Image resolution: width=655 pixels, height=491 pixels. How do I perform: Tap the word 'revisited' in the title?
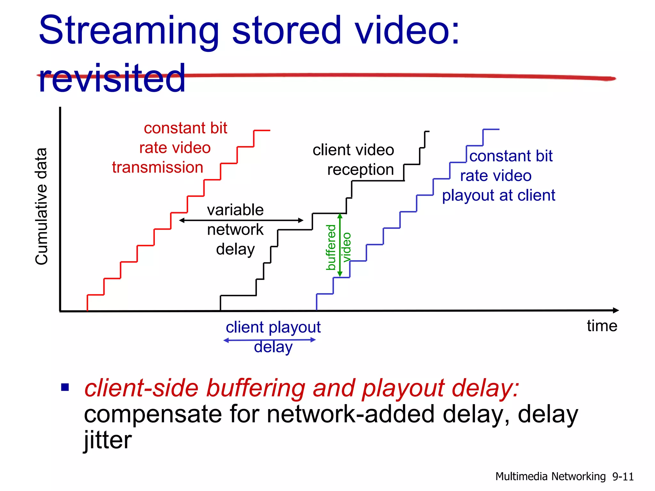pyautogui.click(x=112, y=78)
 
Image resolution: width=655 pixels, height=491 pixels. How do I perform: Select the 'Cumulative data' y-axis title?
pyautogui.click(x=42, y=207)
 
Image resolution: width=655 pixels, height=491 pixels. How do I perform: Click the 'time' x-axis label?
pyautogui.click(x=602, y=326)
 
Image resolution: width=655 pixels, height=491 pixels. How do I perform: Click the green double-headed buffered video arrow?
pyautogui.click(x=340, y=245)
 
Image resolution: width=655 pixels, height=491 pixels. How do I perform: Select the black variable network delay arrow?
pyautogui.click(x=241, y=220)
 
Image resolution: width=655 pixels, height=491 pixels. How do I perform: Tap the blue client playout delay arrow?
pyautogui.click(x=269, y=340)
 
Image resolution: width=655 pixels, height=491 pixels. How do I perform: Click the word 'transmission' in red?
pyautogui.click(x=158, y=167)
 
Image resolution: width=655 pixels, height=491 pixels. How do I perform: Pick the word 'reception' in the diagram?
pyautogui.click(x=360, y=170)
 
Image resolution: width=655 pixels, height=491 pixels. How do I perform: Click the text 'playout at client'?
pyautogui.click(x=499, y=195)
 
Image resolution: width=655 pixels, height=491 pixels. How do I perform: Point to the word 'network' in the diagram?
pyautogui.click(x=235, y=230)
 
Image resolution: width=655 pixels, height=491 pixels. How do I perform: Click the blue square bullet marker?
pyautogui.click(x=65, y=387)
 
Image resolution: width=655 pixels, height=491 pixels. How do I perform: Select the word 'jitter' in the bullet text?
pyautogui.click(x=107, y=440)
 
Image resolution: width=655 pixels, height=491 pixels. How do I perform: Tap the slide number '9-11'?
pyautogui.click(x=623, y=477)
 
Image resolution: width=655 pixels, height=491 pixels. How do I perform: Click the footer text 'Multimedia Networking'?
pyautogui.click(x=550, y=477)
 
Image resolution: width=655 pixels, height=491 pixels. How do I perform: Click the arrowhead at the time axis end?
pyautogui.click(x=616, y=310)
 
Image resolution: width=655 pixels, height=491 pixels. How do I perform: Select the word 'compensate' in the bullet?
pyautogui.click(x=153, y=414)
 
